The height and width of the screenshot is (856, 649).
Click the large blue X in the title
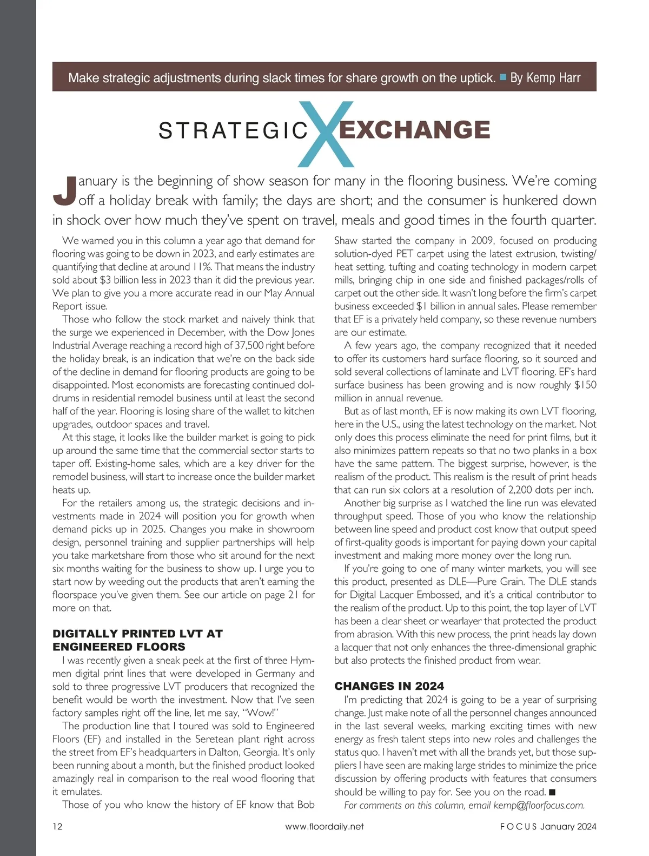[326, 134]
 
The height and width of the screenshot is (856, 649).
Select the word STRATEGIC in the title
[233, 131]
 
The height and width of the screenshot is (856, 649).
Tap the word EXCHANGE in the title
[414, 130]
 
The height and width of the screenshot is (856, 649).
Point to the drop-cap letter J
[64, 191]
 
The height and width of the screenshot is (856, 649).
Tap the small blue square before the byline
[503, 77]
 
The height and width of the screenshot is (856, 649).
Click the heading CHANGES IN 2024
[389, 686]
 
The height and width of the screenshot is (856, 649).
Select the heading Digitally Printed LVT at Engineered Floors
[137, 640]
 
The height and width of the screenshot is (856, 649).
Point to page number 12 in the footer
[57, 826]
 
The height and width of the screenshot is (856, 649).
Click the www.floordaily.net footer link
[325, 826]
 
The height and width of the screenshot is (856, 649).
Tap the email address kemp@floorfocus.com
[539, 805]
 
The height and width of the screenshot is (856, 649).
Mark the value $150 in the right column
[585, 385]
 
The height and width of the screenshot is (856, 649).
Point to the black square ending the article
[552, 792]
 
